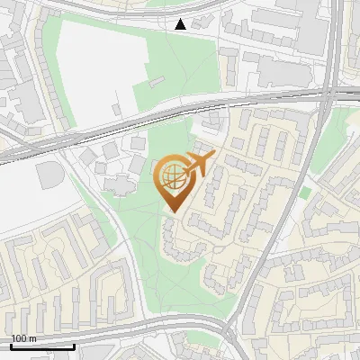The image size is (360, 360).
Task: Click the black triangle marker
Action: pyautogui.click(x=181, y=24)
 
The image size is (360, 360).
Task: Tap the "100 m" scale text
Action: pyautogui.click(x=22, y=338)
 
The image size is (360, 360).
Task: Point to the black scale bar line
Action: pyautogui.click(x=42, y=346)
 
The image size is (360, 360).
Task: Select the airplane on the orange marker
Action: pyautogui.click(x=199, y=163)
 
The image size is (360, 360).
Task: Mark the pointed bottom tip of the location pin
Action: pyautogui.click(x=173, y=212)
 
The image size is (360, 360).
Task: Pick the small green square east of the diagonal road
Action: pyautogui.click(x=306, y=193)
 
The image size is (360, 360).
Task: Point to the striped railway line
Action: pyautogui.click(x=162, y=113)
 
